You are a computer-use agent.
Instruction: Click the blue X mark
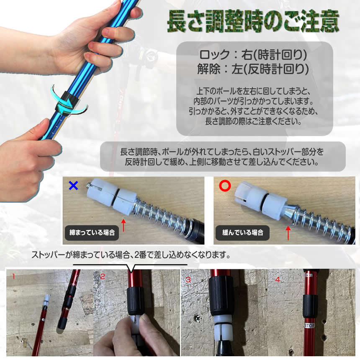click(74, 185)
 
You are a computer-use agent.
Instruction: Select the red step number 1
click(13, 276)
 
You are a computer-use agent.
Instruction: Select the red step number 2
click(103, 276)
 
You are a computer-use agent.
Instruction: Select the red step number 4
click(277, 278)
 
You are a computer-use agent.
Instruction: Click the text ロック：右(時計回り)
click(254, 55)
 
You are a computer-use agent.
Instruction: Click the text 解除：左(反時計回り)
click(254, 69)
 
